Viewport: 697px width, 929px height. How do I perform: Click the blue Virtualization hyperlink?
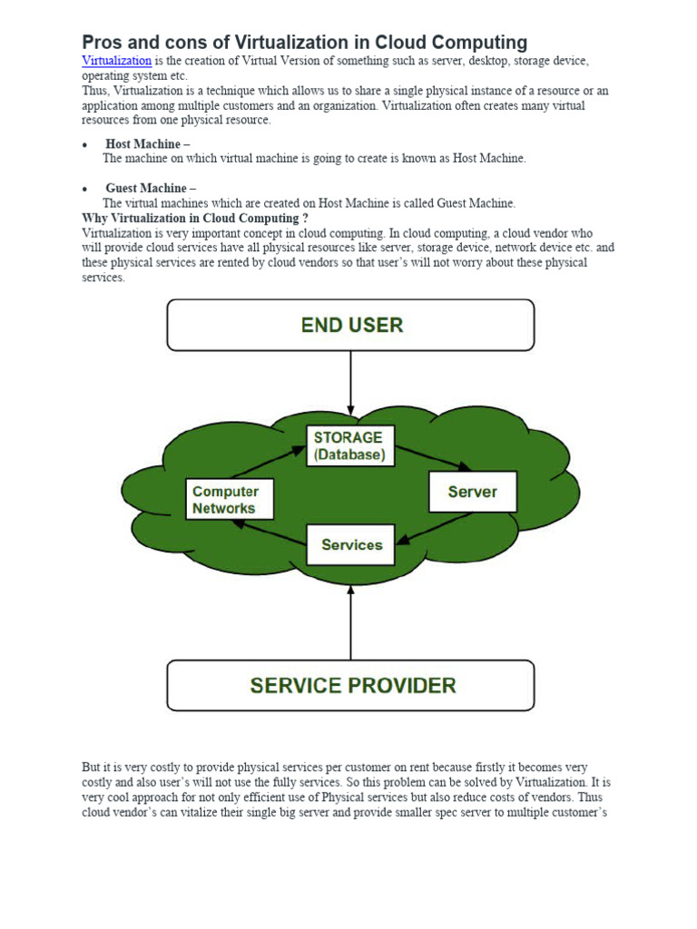[x=116, y=61]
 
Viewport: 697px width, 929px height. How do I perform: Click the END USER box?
[x=350, y=325]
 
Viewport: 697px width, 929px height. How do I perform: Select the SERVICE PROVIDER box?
[x=350, y=685]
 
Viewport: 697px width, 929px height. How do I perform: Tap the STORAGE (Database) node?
[x=350, y=445]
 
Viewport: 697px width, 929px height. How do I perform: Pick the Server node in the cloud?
[x=472, y=492]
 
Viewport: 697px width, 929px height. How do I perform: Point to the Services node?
[x=350, y=544]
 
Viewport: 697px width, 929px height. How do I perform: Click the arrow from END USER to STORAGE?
[x=350, y=386]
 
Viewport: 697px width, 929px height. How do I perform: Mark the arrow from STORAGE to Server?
[x=433, y=457]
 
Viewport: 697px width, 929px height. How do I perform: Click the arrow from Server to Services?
[x=436, y=528]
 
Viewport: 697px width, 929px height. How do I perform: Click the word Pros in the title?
[x=103, y=42]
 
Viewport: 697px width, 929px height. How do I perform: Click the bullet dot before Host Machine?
[x=84, y=145]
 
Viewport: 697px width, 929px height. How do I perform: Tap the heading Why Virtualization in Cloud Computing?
[x=194, y=219]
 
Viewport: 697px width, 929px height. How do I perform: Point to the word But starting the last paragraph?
[x=92, y=768]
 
